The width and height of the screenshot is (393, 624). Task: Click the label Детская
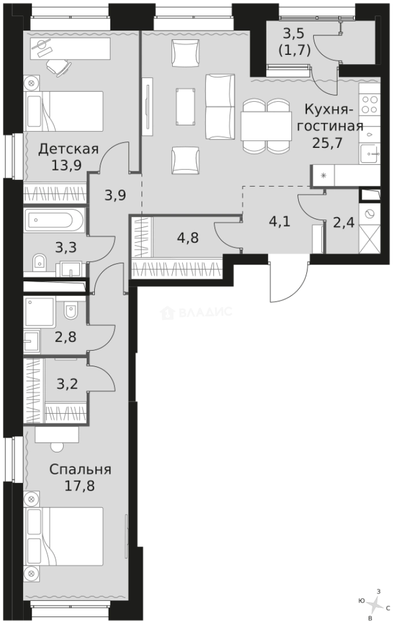68,149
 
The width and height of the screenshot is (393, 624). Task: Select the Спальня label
80,469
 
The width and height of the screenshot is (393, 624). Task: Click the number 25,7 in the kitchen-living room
328,142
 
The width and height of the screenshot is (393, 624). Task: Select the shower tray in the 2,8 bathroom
40,312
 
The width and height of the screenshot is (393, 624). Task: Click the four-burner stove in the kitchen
369,104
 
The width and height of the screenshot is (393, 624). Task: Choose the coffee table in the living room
186,106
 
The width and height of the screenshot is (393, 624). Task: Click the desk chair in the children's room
57,67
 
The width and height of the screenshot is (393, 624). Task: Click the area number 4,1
279,221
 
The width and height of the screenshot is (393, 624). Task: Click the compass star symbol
375,603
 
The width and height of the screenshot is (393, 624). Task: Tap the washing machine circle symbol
369,213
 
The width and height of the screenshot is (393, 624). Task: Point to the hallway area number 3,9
116,195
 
